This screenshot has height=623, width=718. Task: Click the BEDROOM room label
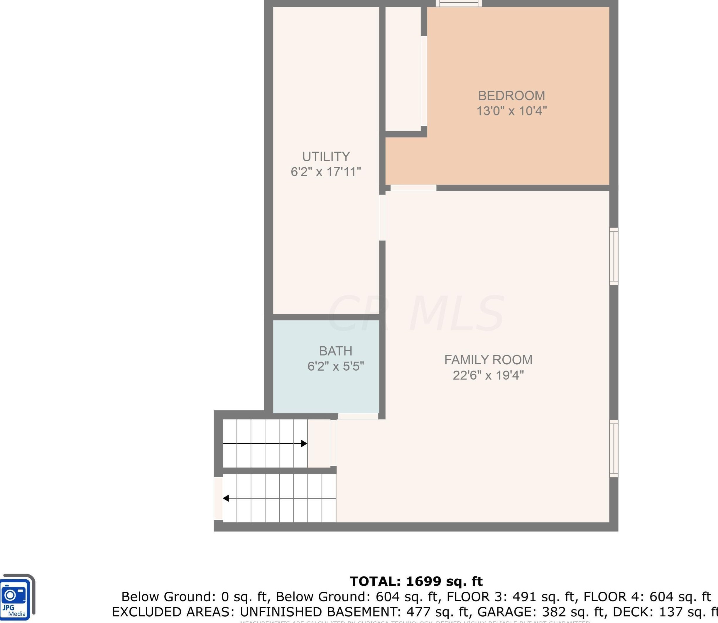pyautogui.click(x=511, y=96)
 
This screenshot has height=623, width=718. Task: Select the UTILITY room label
pyautogui.click(x=326, y=156)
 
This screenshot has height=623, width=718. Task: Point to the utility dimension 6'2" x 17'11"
pyautogui.click(x=326, y=172)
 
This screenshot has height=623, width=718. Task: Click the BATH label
pyautogui.click(x=335, y=351)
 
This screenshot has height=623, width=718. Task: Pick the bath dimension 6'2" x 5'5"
pyautogui.click(x=335, y=366)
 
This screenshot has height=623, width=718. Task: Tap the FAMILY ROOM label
pyautogui.click(x=488, y=360)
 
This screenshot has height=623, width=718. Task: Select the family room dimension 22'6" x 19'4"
pyautogui.click(x=488, y=375)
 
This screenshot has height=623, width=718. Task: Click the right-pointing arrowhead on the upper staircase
pyautogui.click(x=304, y=444)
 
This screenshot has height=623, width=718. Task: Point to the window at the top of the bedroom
pyautogui.click(x=459, y=4)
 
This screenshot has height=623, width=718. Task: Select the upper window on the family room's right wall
pyautogui.click(x=614, y=257)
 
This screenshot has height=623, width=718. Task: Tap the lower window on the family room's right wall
pyautogui.click(x=614, y=448)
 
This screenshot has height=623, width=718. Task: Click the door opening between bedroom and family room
pyautogui.click(x=413, y=188)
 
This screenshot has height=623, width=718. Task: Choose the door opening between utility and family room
pyautogui.click(x=382, y=218)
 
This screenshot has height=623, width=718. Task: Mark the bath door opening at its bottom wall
pyautogui.click(x=358, y=416)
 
